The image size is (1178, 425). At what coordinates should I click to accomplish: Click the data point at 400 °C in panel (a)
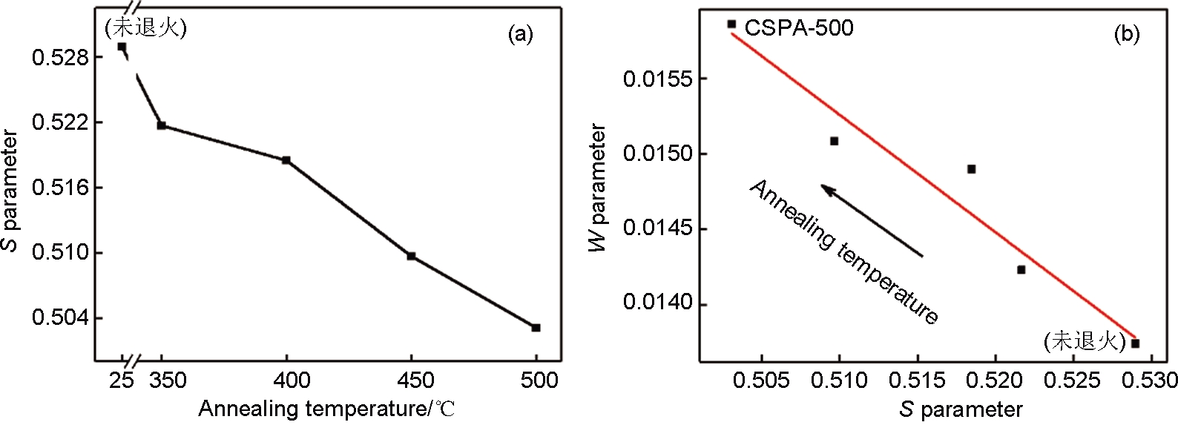click(x=286, y=160)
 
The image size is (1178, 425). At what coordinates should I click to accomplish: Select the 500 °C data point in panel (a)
click(x=536, y=327)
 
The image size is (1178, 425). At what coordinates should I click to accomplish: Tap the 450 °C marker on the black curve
click(x=411, y=256)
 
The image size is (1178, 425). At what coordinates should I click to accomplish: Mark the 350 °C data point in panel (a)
click(x=162, y=125)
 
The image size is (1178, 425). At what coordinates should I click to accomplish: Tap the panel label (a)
click(x=520, y=33)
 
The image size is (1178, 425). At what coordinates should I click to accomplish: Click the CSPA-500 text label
click(x=799, y=28)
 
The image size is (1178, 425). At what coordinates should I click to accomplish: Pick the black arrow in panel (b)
click(x=872, y=221)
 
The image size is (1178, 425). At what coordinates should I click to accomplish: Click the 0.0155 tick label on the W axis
click(x=653, y=79)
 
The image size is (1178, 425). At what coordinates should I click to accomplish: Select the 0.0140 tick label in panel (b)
click(x=653, y=304)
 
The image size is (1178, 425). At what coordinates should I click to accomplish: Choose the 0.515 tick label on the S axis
click(x=917, y=380)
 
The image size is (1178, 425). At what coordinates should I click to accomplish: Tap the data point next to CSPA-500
click(x=731, y=24)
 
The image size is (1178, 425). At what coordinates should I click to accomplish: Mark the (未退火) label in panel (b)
click(x=1079, y=341)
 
